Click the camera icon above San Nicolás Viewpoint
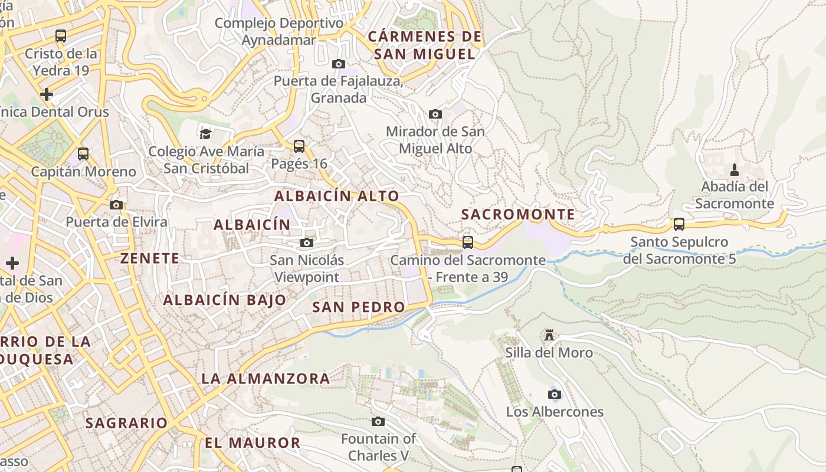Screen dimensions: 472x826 [307, 242]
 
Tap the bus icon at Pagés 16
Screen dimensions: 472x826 [299, 146]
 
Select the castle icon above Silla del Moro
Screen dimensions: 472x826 [549, 335]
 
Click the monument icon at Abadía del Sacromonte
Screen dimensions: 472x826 [735, 170]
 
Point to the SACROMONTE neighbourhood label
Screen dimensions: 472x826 [518, 214]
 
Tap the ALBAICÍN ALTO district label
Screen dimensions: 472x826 [337, 196]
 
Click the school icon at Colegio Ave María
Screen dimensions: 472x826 [205, 134]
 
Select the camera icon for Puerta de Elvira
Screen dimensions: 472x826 [116, 205]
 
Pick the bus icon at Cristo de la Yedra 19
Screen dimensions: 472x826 [61, 36]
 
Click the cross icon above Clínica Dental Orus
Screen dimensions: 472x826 [47, 94]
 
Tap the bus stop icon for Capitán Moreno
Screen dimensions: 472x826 [83, 154]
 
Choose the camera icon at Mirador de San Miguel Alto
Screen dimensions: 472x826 [435, 114]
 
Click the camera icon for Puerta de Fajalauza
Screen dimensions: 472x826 [339, 64]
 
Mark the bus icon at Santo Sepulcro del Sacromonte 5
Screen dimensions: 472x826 [679, 224]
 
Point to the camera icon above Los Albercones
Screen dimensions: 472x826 [555, 394]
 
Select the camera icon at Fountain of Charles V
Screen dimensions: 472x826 [378, 421]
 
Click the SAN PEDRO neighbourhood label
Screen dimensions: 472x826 [359, 307]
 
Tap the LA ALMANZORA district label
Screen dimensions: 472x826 [266, 379]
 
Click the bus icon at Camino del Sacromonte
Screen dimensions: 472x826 [468, 242]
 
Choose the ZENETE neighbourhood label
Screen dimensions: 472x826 [150, 258]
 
